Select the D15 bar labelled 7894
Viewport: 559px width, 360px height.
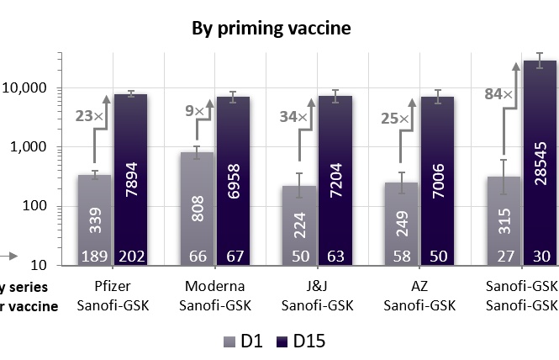pos(130,168)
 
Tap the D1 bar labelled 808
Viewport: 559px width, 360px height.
pos(196,202)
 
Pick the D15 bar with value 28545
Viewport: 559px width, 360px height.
pos(540,160)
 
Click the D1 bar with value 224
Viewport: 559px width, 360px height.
pos(298,219)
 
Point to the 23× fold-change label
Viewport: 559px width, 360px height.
pos(90,116)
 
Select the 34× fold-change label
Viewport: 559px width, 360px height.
pos(294,116)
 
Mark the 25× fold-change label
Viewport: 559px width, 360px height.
pos(397,119)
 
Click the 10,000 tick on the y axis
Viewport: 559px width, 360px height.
pos(29,88)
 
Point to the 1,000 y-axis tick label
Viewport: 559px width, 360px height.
pos(34,147)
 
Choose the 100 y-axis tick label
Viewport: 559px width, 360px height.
pos(39,207)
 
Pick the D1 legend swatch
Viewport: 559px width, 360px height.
pos(230,341)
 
